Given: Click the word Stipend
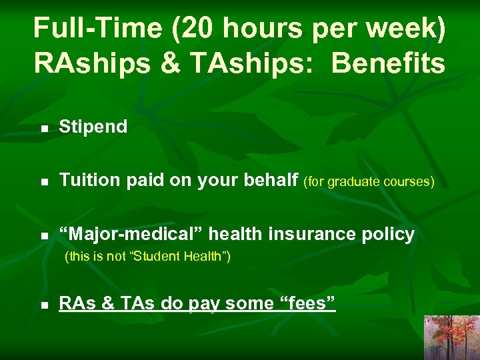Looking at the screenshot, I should pos(93,127).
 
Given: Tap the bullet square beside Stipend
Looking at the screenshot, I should pos(43,128).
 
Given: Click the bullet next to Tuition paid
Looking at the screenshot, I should pos(43,181).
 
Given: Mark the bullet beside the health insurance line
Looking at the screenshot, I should pos(43,235).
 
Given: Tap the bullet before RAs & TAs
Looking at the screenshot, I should pos(43,305).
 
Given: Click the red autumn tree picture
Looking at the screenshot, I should pos(451,337).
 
